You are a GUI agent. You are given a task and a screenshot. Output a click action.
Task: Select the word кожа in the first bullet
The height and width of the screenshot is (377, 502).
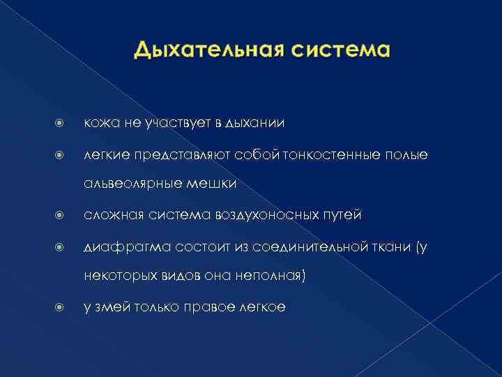(100, 123)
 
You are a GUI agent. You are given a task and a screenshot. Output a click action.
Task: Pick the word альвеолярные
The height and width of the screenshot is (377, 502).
(131, 184)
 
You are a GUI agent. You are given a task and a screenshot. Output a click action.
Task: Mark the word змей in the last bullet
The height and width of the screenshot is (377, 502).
(109, 306)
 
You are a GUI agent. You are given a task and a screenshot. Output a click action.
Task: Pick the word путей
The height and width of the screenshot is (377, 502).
(340, 214)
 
